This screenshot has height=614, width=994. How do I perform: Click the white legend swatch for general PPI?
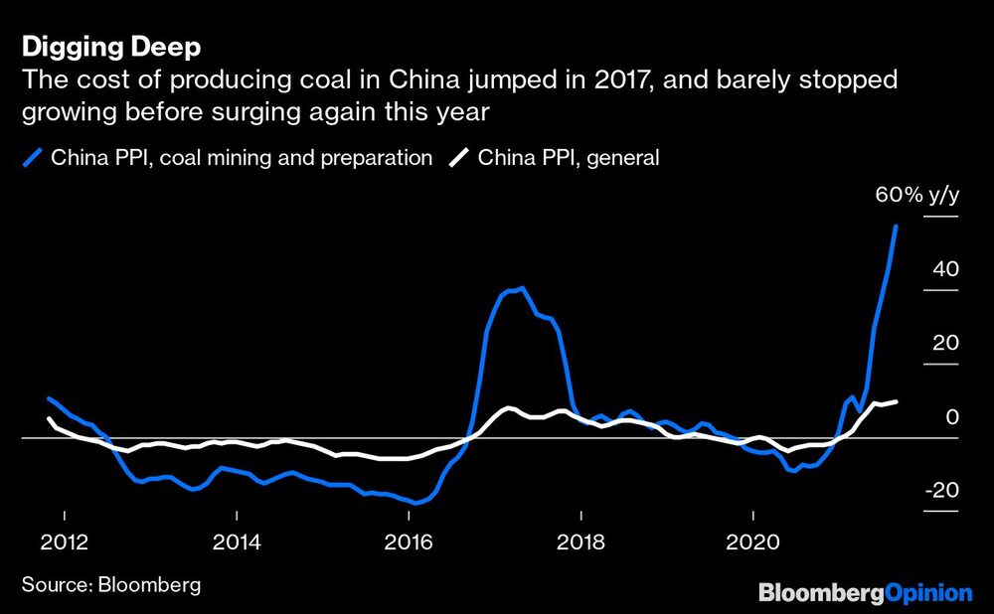click(460, 157)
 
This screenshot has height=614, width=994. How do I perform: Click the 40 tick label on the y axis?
click(945, 269)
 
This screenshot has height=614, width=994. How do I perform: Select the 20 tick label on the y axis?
click(945, 343)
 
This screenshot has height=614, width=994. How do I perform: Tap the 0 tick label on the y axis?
click(951, 416)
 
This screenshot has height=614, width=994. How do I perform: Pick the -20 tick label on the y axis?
click(941, 491)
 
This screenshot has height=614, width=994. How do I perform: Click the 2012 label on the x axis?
click(64, 544)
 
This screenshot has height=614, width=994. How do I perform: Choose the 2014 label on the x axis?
click(237, 544)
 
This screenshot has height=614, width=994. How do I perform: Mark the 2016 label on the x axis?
click(409, 544)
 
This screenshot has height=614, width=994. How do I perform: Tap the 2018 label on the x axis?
click(580, 544)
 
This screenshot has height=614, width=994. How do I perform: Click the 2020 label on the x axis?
click(752, 544)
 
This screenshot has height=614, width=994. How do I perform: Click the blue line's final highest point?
click(897, 227)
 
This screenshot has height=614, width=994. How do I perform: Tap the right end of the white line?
click(897, 401)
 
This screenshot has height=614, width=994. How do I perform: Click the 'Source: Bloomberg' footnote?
click(110, 584)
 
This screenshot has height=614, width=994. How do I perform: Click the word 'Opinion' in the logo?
click(928, 593)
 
